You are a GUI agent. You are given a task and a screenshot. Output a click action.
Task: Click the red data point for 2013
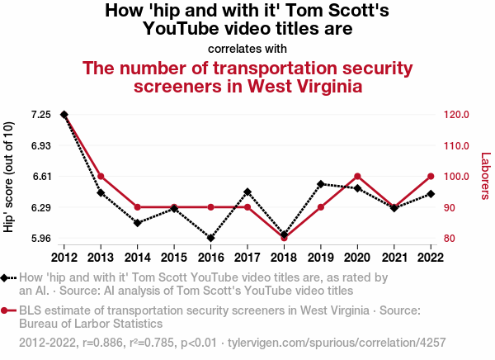[x=101, y=176]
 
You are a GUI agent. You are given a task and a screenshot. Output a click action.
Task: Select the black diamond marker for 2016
[x=210, y=238]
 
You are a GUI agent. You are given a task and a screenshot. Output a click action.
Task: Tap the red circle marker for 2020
[x=357, y=176]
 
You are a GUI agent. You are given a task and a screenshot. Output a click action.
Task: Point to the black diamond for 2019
[x=321, y=183]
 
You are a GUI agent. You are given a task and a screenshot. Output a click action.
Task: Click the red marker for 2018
[x=284, y=238]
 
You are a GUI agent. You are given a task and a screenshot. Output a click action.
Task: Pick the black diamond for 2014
[x=138, y=223]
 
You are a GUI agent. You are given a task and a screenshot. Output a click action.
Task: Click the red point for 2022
[x=431, y=176]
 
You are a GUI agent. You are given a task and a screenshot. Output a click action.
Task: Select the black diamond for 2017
[x=247, y=192]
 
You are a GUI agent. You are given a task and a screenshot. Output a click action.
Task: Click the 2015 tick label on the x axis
[x=174, y=256]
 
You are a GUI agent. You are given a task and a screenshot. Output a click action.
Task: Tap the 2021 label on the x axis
[x=394, y=256]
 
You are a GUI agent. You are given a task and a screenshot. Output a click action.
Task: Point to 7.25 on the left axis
[x=41, y=114]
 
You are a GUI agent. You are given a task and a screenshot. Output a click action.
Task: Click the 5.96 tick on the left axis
[x=41, y=238]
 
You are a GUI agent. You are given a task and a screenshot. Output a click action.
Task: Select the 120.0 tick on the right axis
[x=455, y=114]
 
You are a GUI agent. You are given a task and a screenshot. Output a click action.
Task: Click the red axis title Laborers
[x=485, y=176]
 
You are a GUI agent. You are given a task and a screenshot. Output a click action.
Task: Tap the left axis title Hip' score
[x=10, y=176]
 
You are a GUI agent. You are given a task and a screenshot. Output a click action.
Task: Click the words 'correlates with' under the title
[x=247, y=48]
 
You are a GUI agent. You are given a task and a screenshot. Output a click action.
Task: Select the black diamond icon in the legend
[x=7, y=278]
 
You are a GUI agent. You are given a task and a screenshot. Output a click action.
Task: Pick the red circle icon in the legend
[x=7, y=310]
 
